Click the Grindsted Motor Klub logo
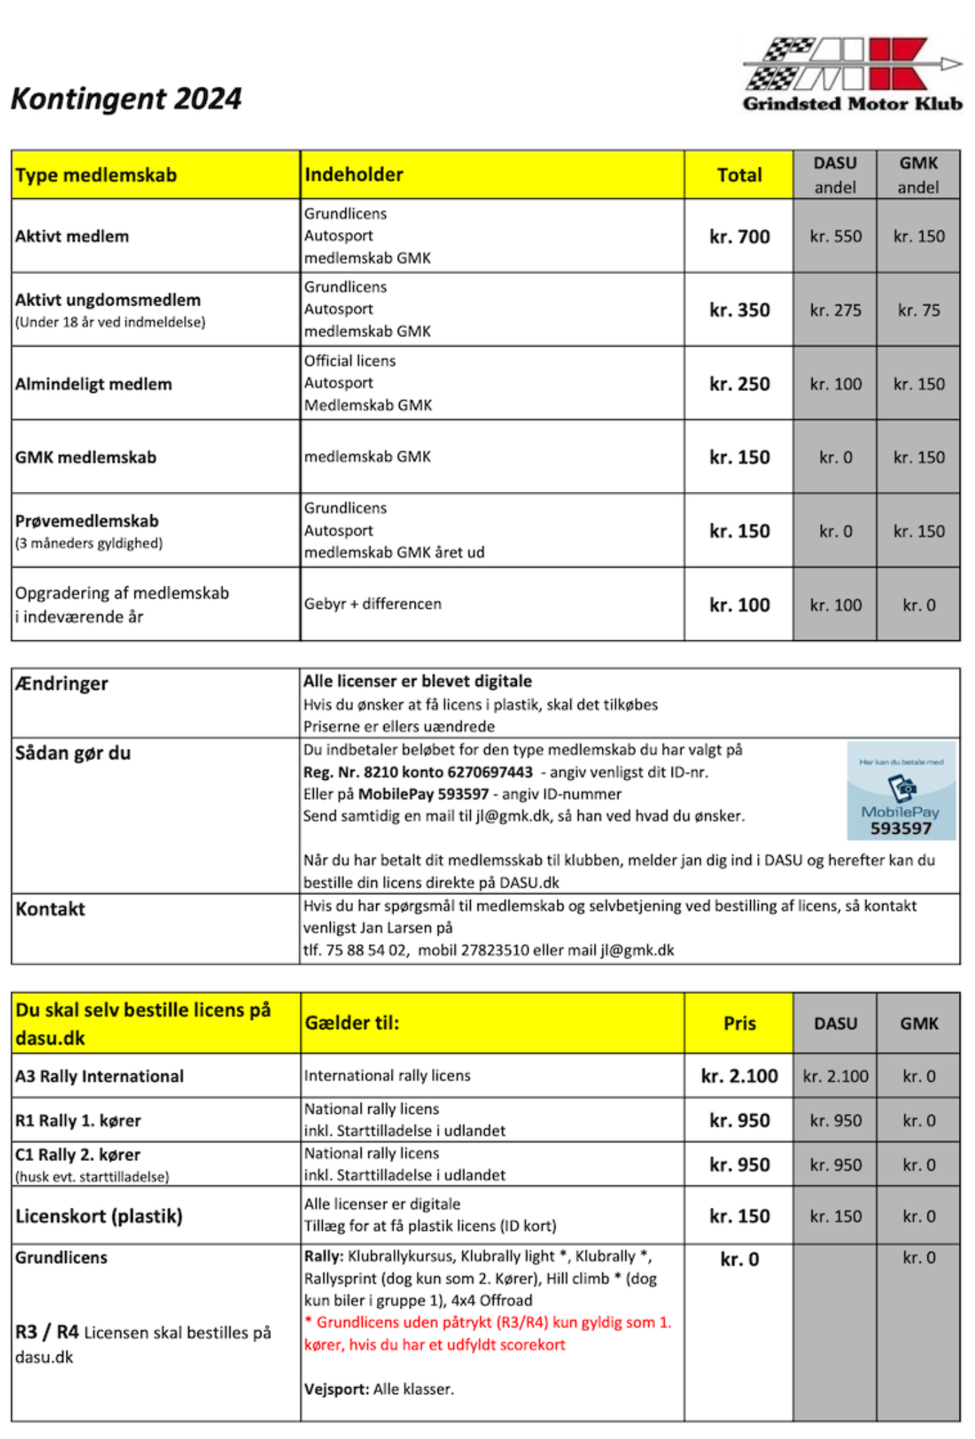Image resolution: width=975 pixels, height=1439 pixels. pyautogui.click(x=852, y=74)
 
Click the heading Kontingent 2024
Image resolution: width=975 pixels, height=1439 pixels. pyautogui.click(x=126, y=99)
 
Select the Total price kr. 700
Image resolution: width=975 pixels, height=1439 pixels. pyautogui.click(x=739, y=237)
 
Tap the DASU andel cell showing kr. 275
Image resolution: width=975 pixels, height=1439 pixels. pyautogui.click(x=835, y=310)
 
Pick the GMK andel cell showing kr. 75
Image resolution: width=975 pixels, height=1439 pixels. pyautogui.click(x=918, y=310)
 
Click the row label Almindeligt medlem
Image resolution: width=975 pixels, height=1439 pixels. pyautogui.click(x=93, y=384)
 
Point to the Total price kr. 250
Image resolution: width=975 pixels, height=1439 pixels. pyautogui.click(x=739, y=384)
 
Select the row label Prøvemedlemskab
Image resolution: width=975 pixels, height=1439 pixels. pyautogui.click(x=87, y=521)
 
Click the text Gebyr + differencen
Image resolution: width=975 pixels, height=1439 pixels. pyautogui.click(x=373, y=604)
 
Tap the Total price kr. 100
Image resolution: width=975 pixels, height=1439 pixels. pyautogui.click(x=739, y=605)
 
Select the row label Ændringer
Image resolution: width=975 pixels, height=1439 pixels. pyautogui.click(x=62, y=684)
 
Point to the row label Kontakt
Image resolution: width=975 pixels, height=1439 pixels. pyautogui.click(x=50, y=909)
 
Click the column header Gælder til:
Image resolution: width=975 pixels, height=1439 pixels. pyautogui.click(x=352, y=1023)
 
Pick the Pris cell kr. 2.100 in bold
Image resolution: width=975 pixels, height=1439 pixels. pyautogui.click(x=739, y=1076)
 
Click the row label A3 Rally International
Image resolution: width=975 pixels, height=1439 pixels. pyautogui.click(x=99, y=1076)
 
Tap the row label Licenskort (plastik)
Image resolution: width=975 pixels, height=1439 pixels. pyautogui.click(x=99, y=1216)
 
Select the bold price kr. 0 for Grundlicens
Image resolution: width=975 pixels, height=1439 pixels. pyautogui.click(x=739, y=1260)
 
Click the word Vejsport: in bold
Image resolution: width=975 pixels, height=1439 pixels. pyautogui.click(x=336, y=1389)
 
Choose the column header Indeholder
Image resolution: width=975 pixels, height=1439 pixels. pyautogui.click(x=354, y=174)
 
